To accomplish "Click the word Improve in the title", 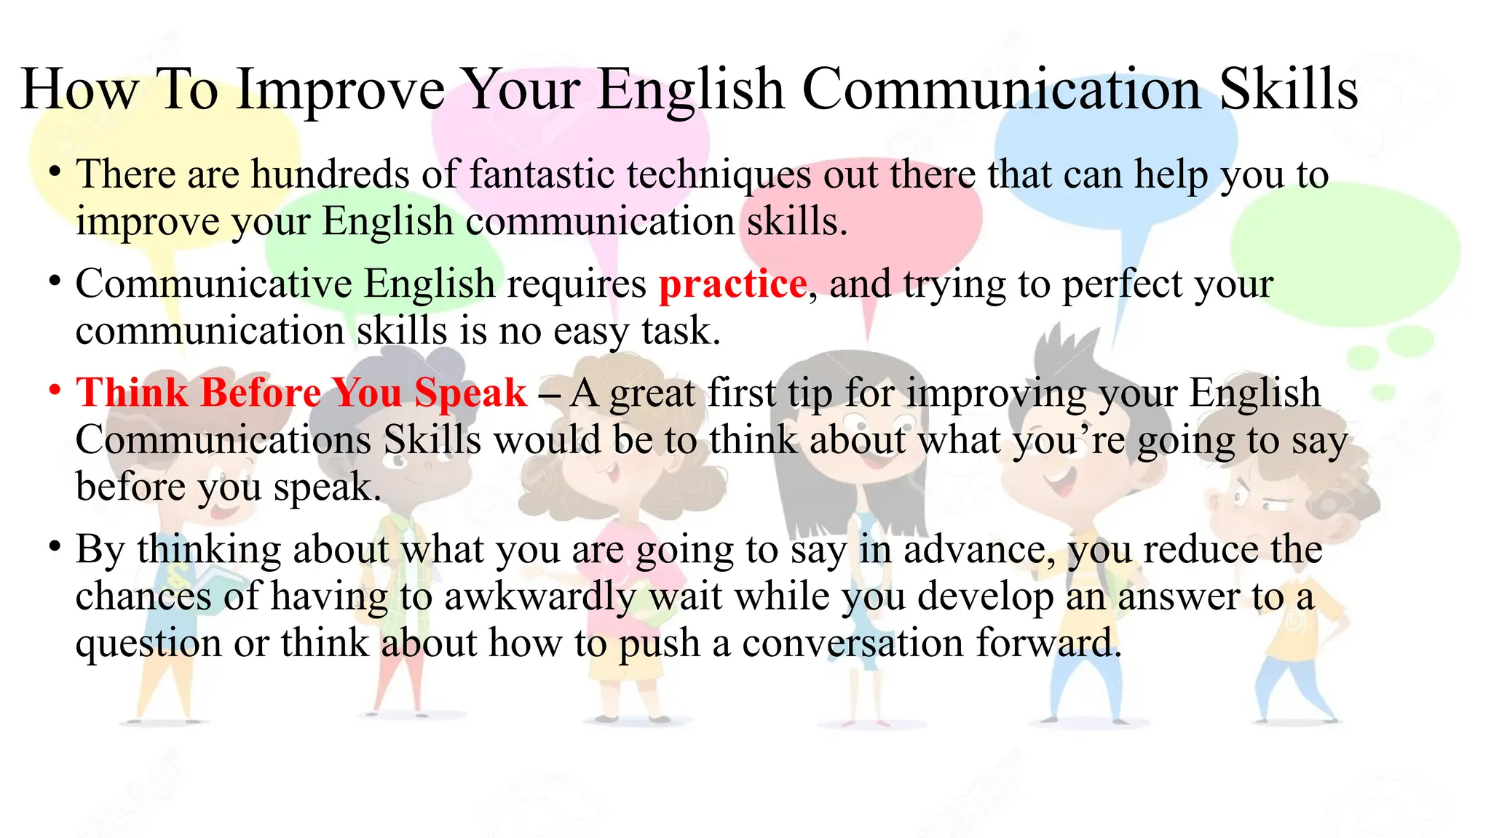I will (340, 90).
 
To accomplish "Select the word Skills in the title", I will (1289, 89).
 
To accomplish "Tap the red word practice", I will (732, 284).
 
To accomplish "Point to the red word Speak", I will (470, 393).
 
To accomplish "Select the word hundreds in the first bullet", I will (331, 175).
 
